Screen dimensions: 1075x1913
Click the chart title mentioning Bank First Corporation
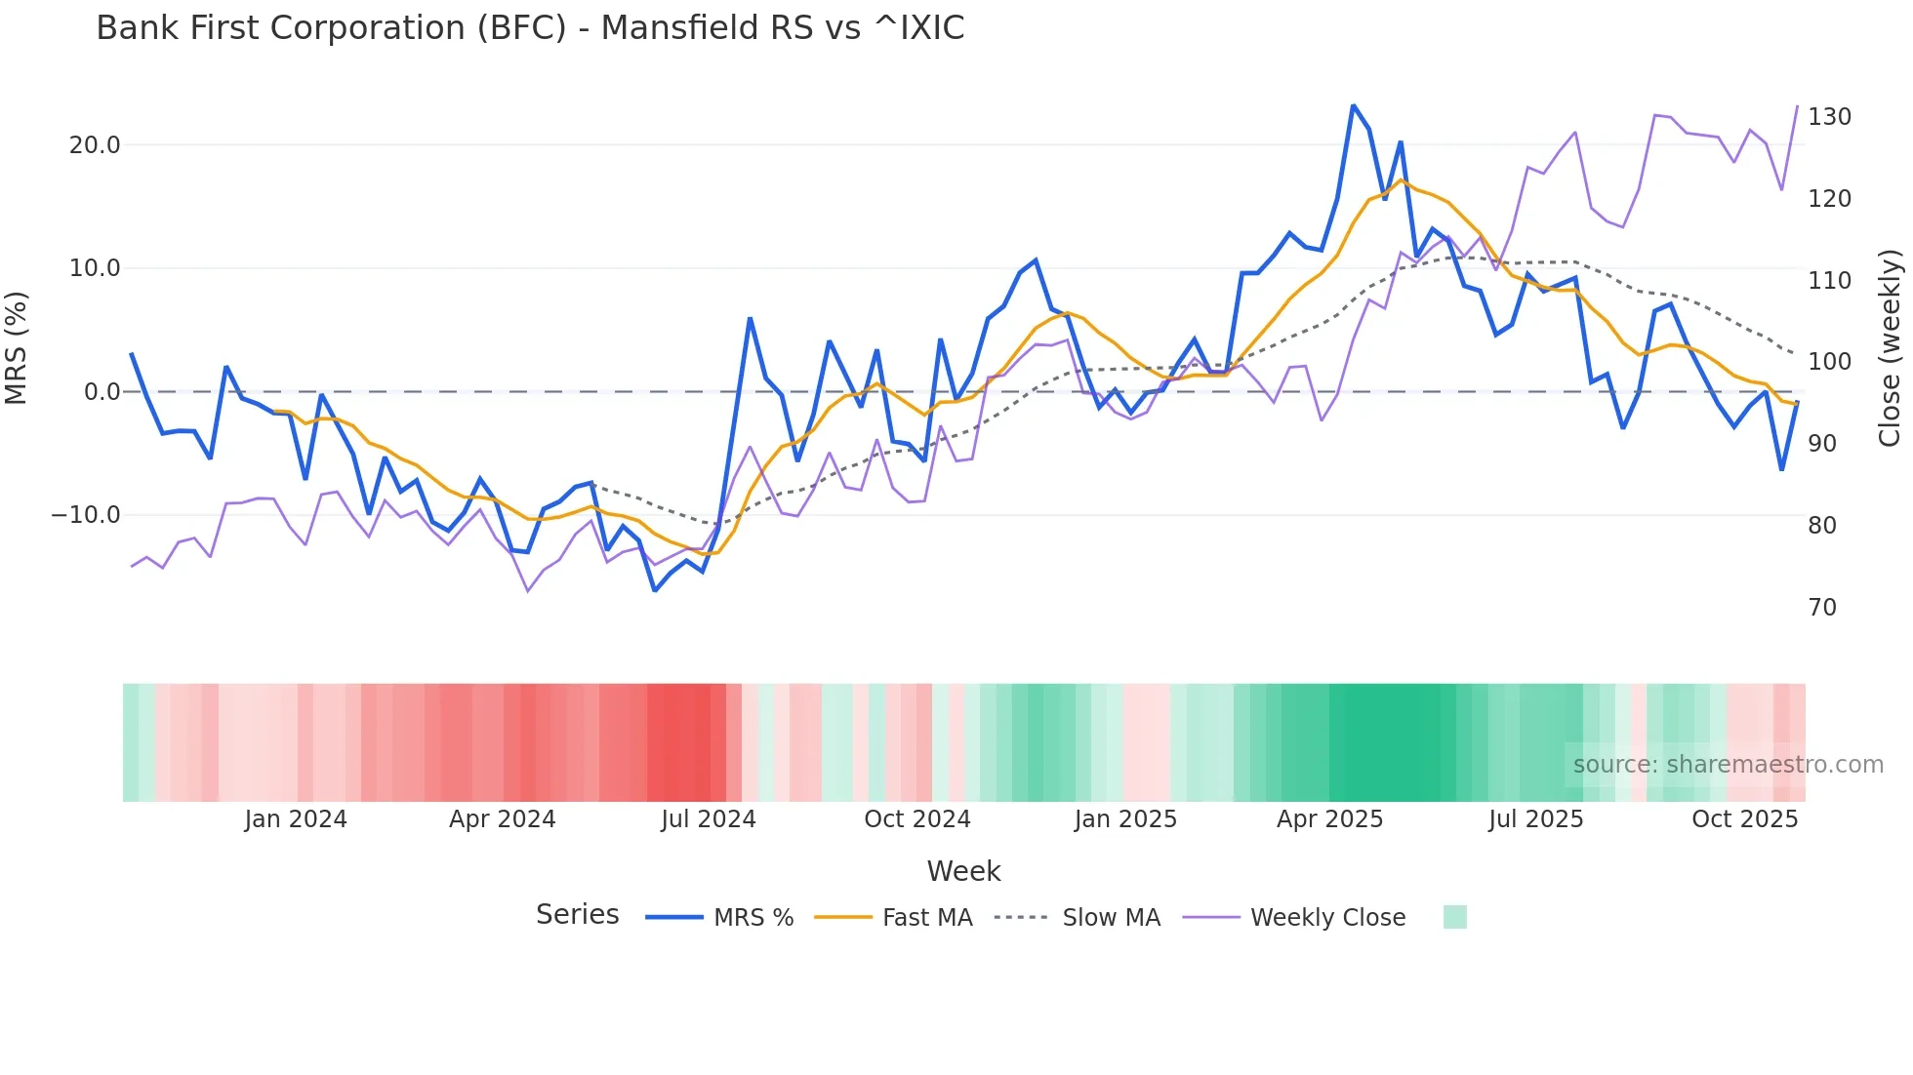530,28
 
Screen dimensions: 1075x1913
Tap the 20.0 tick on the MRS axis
95,145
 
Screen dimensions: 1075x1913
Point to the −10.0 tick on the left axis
86,515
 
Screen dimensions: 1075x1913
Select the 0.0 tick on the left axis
102,392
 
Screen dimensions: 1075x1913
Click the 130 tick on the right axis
1829,117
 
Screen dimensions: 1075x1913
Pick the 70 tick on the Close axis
1821,608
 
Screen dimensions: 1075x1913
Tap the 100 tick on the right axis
1829,362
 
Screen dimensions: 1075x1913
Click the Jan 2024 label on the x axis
296,819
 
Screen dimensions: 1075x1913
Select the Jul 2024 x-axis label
709,819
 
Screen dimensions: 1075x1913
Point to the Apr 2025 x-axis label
1329,819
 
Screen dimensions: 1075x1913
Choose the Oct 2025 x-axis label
1744,819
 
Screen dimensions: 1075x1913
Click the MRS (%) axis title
17,348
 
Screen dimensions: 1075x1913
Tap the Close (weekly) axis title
1890,348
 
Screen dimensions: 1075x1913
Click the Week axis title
963,871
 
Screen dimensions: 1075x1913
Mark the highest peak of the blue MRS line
1353,105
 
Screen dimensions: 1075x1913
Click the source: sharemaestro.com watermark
1728,765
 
